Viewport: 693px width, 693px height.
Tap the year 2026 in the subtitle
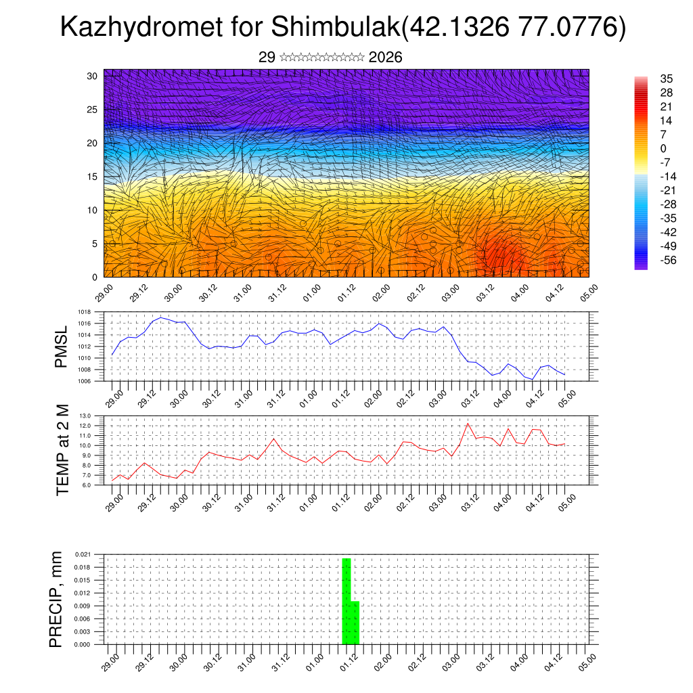coord(386,58)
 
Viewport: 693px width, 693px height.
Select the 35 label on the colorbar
coord(666,79)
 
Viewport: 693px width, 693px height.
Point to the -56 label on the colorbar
coord(667,260)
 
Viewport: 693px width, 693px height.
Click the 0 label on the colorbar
coord(663,149)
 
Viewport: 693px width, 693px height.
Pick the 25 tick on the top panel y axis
coord(93,110)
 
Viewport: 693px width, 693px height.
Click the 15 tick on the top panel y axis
coord(93,177)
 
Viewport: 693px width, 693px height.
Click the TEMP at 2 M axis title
coord(63,450)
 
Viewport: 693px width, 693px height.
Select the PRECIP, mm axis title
coord(56,600)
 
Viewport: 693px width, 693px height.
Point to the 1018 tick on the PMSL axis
coord(85,312)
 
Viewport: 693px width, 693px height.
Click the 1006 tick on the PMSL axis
coord(85,381)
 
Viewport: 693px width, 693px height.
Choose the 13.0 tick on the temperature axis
coord(85,416)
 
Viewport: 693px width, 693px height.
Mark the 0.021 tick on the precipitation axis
coord(83,554)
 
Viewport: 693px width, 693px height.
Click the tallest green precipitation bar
coord(346,601)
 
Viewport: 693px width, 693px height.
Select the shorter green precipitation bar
coord(355,623)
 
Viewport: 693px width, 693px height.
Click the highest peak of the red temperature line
coord(468,424)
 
